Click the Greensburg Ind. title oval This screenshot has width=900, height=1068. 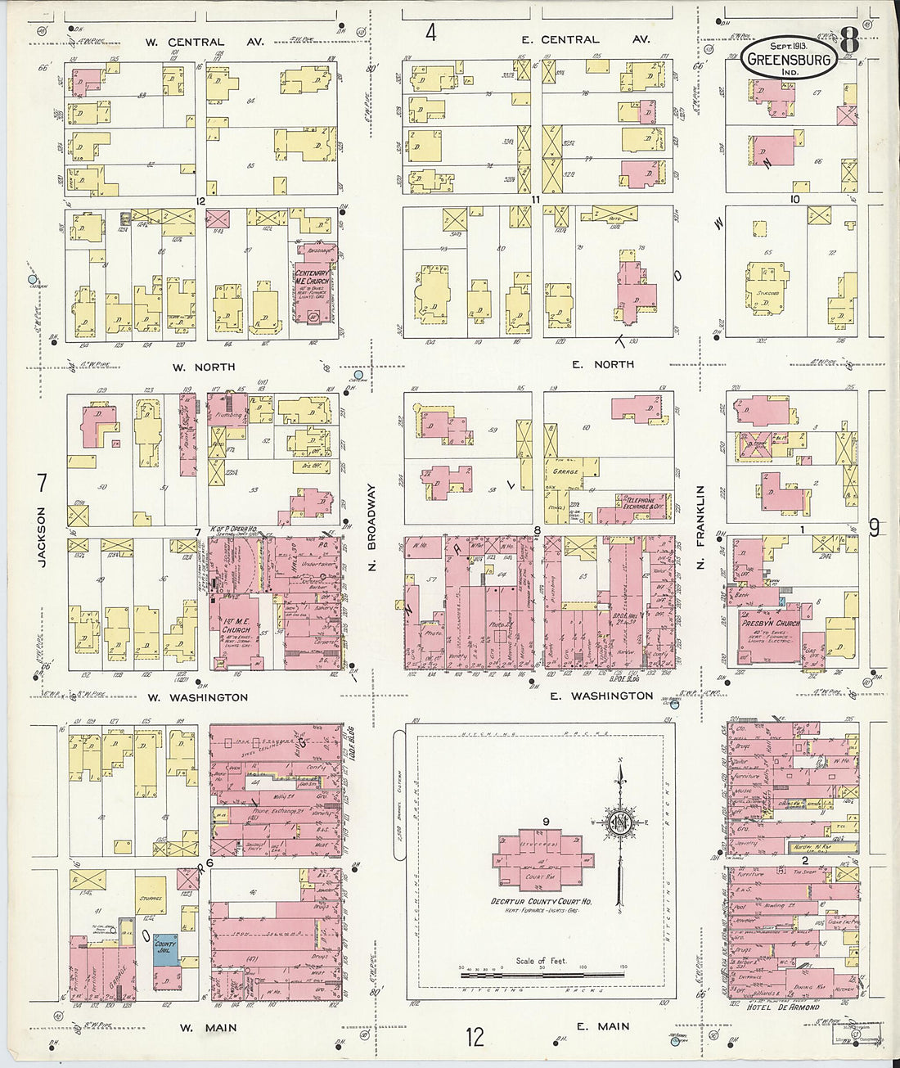(x=789, y=59)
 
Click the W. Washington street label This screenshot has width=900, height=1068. (x=197, y=697)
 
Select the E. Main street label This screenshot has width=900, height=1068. (x=601, y=1026)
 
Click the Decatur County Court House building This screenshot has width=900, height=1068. (x=541, y=859)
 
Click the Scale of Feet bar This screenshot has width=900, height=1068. (x=542, y=975)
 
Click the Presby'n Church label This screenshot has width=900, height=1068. (x=764, y=623)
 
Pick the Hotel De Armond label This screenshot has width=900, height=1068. (x=783, y=1007)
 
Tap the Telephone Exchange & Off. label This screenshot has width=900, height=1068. (x=642, y=502)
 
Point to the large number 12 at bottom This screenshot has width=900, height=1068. (x=475, y=1038)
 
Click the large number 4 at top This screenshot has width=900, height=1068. (x=430, y=33)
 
